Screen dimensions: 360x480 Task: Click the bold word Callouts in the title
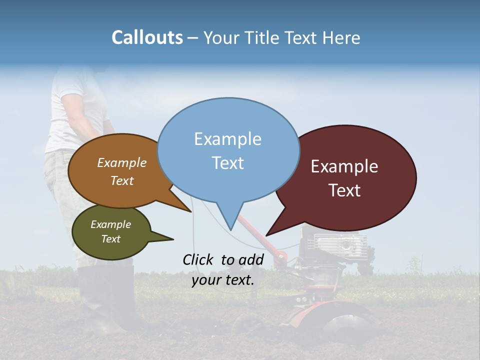pos(147,37)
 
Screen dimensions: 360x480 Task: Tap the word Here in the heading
pos(340,37)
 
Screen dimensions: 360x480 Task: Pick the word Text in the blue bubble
pos(227,163)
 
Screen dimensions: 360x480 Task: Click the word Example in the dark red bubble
pos(344,166)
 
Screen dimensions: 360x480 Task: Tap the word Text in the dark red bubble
pos(344,190)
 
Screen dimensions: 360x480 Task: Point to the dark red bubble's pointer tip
pos(266,235)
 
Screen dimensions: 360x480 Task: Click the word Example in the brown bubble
pos(121,162)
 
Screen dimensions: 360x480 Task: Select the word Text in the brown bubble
pos(121,180)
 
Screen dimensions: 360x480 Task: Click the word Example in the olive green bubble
pos(110,224)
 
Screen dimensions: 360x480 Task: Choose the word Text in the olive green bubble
pos(110,239)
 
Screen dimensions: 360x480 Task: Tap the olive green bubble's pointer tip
pos(173,239)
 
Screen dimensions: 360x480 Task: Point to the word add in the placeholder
pos(251,259)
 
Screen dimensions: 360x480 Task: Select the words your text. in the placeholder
pos(223,280)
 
